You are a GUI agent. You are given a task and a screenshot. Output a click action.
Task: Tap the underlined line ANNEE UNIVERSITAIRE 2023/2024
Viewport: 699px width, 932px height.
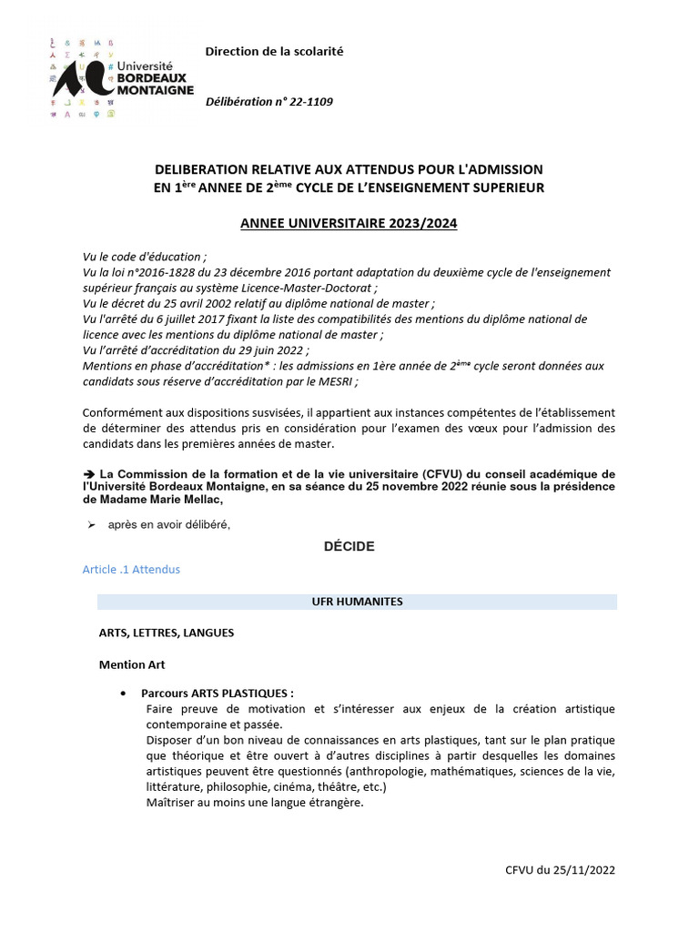pos(349,223)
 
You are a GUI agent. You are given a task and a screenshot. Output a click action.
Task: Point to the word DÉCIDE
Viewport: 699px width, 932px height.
pos(349,546)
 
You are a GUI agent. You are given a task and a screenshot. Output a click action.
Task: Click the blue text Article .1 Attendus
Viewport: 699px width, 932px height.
pos(131,570)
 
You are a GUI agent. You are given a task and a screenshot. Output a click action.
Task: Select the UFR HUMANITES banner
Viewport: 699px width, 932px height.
pos(357,603)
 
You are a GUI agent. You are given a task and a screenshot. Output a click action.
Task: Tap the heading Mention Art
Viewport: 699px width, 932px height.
pos(132,664)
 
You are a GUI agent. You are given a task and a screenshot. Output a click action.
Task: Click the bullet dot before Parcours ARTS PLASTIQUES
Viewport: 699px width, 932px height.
pos(123,693)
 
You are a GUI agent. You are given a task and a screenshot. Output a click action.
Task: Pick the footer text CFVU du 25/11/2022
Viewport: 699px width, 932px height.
pos(560,870)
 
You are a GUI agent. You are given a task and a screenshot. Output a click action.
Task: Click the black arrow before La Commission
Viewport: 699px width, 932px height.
pos(88,474)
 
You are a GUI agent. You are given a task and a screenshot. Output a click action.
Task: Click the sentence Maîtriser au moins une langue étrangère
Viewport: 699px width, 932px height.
pos(254,803)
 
